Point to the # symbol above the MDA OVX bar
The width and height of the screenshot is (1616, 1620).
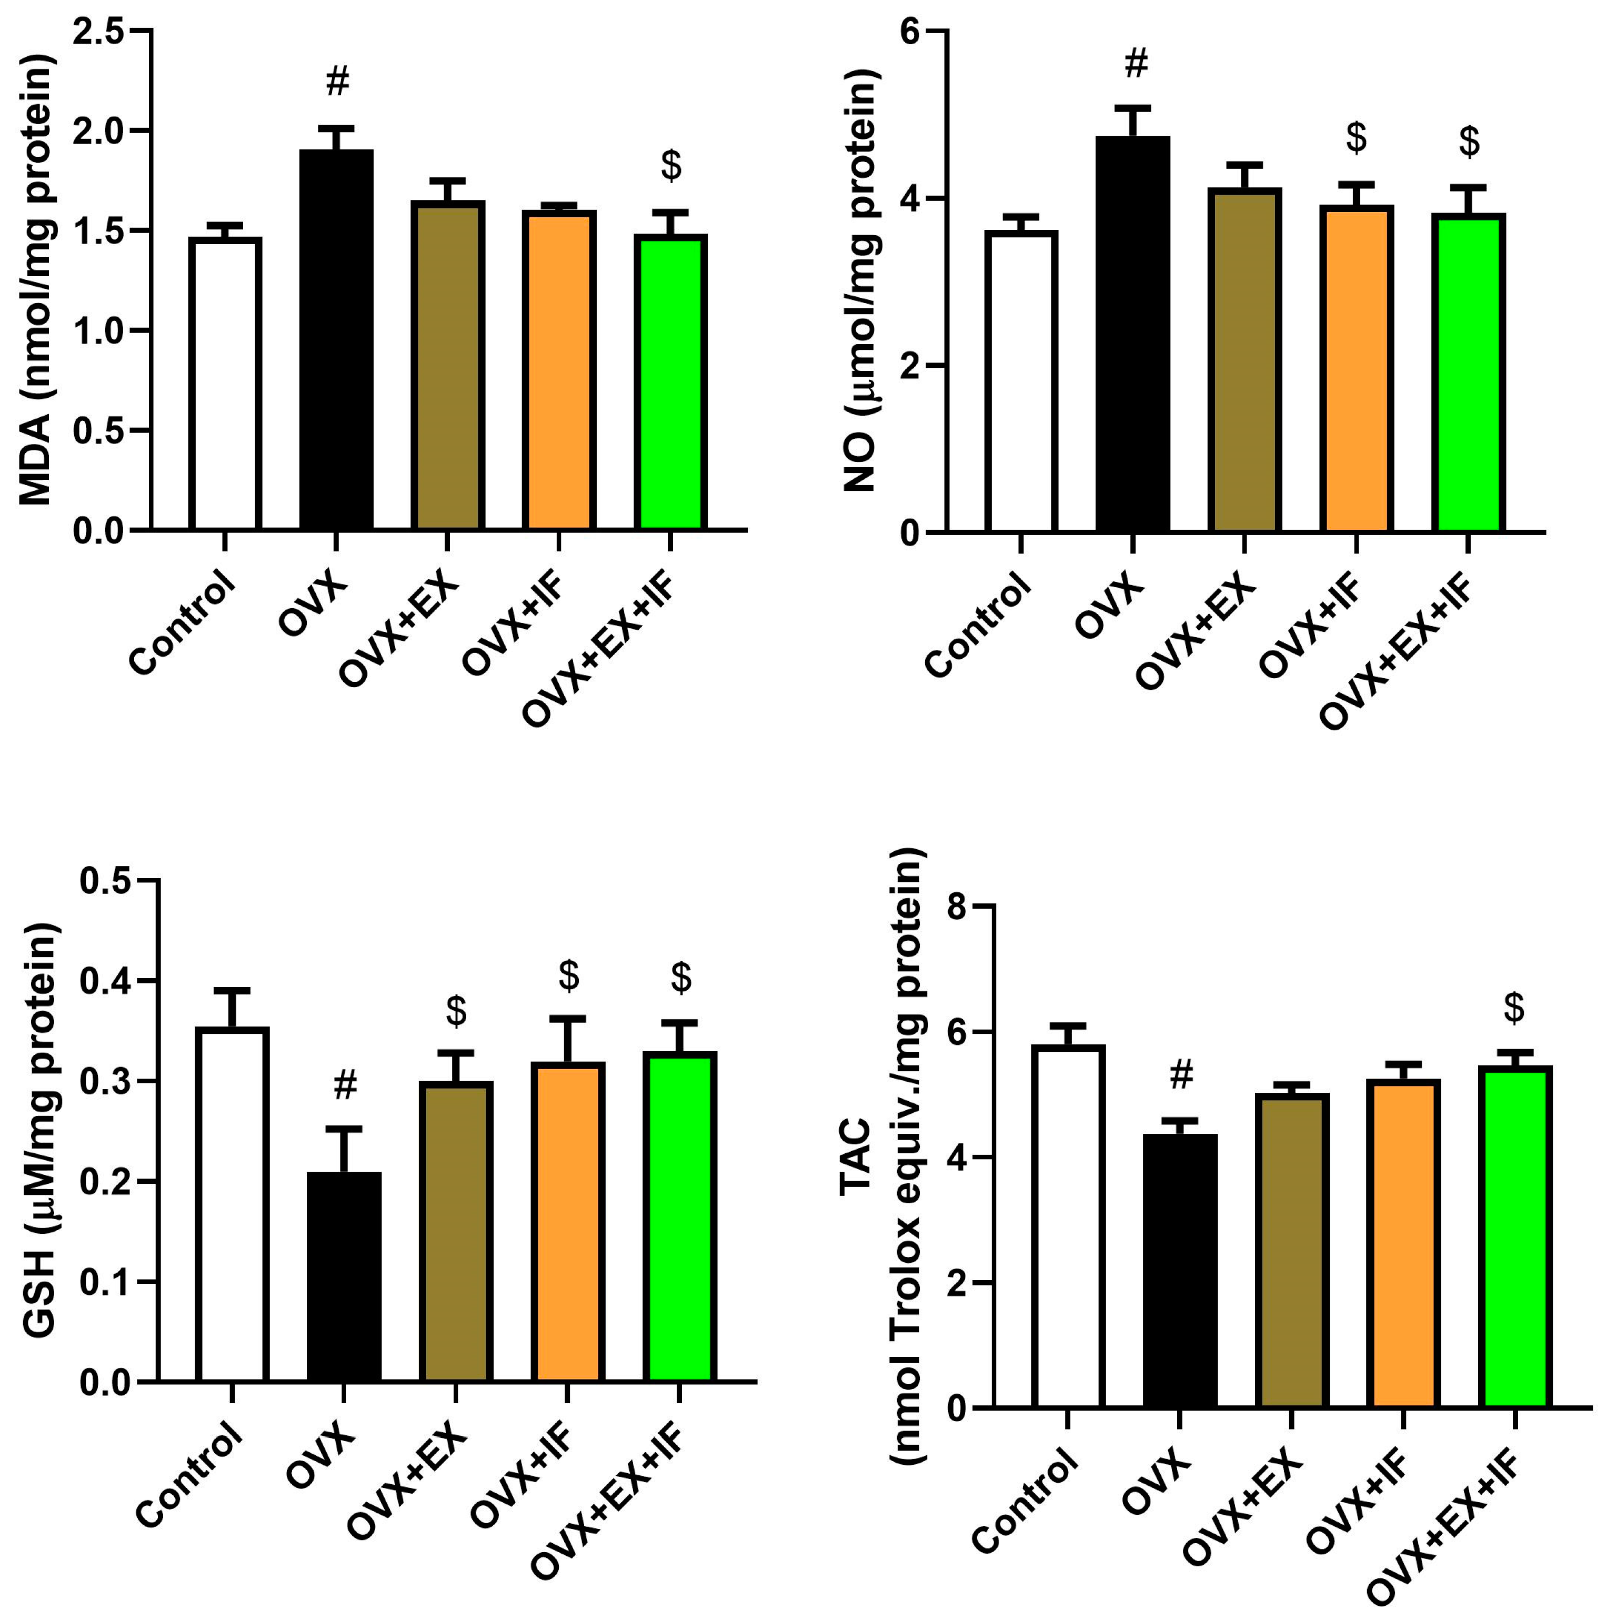click(x=337, y=82)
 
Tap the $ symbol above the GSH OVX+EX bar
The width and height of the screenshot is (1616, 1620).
click(x=456, y=1011)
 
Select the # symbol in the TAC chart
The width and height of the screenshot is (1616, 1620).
click(x=1181, y=1074)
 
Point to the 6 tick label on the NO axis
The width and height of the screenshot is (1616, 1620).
click(x=910, y=31)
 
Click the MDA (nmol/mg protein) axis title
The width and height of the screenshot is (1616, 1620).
click(x=35, y=281)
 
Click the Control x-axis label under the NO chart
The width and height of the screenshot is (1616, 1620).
click(x=977, y=624)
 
